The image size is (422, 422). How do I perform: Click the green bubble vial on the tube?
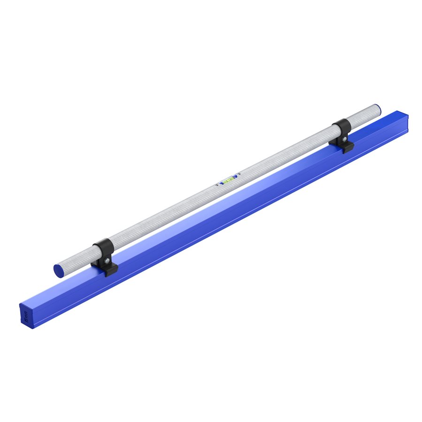click(x=228, y=180)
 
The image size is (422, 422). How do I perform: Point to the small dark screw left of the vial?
click(x=217, y=185)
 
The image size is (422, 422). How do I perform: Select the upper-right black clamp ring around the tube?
click(x=342, y=128)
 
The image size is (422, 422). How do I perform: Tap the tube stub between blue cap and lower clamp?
click(x=77, y=261)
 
